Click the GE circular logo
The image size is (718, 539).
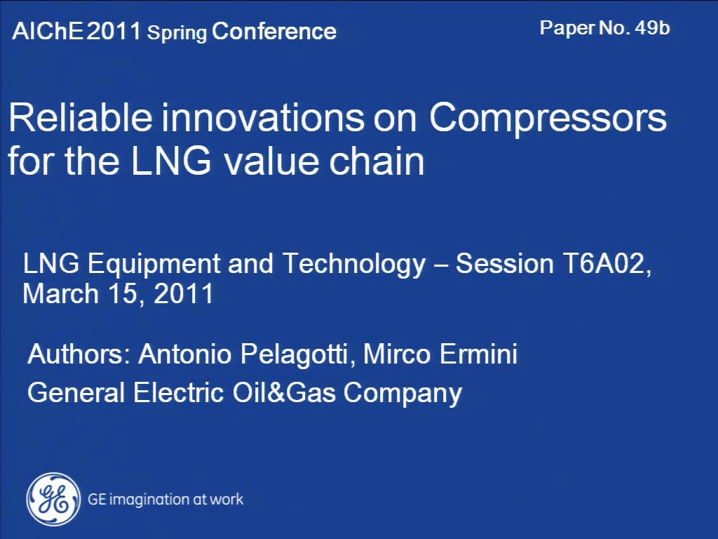[x=53, y=499]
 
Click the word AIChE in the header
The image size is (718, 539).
[x=48, y=31]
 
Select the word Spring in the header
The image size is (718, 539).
[x=177, y=33]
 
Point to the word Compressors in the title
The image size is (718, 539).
[x=548, y=118]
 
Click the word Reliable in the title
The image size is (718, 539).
[x=80, y=117]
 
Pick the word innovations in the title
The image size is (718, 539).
[x=263, y=118]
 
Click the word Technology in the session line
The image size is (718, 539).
[x=354, y=265]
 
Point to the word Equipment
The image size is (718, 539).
[x=154, y=265]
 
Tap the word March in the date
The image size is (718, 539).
[x=61, y=293]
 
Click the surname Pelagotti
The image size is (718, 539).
[x=298, y=354]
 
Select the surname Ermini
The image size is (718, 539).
[x=478, y=354]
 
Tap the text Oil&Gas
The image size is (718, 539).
[x=284, y=393]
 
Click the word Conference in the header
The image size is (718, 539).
[x=274, y=31]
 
